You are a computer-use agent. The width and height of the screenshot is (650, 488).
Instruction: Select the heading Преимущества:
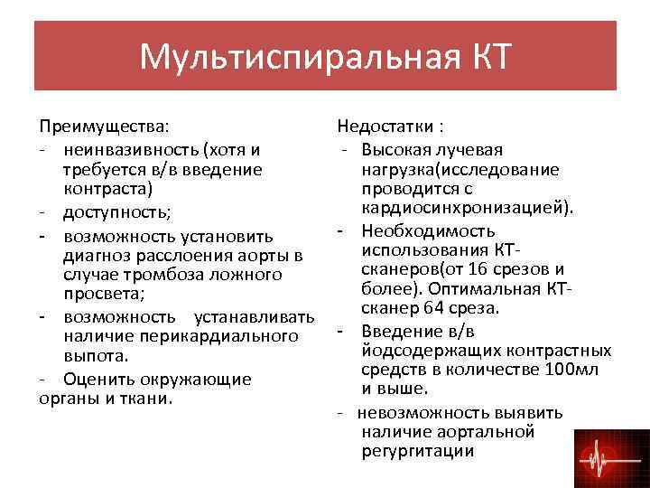(103, 127)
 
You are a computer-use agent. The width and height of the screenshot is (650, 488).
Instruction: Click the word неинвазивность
(131, 149)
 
